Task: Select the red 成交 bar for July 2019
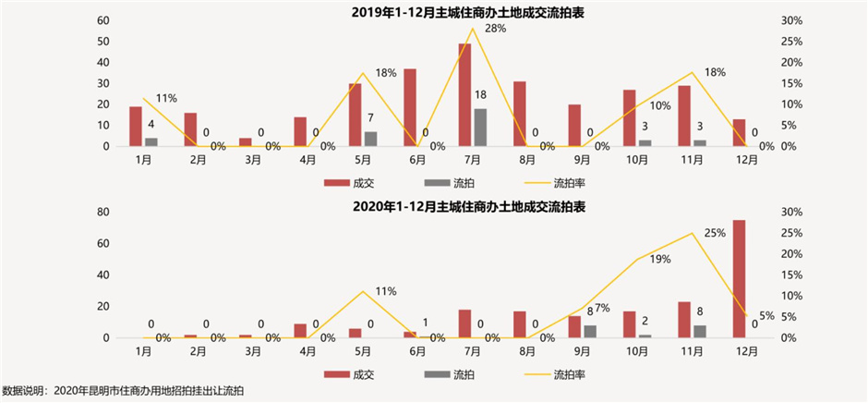point(464,95)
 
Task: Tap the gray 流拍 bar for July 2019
point(481,128)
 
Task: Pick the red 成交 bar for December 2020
point(740,278)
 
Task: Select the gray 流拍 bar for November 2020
point(701,331)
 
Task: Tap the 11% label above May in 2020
point(385,291)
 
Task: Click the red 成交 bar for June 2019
point(409,107)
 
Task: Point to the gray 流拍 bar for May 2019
point(370,139)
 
